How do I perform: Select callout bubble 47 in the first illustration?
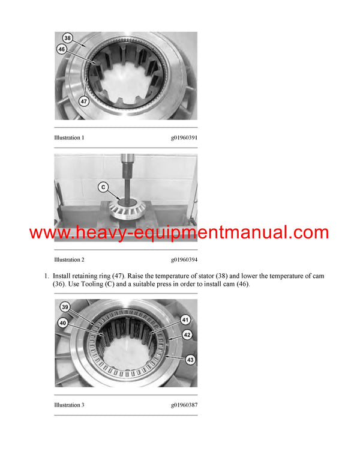click(84, 102)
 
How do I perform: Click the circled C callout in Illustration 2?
click(104, 187)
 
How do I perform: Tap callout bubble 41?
click(185, 319)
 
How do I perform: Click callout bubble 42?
click(187, 335)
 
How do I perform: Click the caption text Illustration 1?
click(69, 138)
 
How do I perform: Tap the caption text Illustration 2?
click(69, 259)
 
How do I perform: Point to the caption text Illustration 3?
click(69, 405)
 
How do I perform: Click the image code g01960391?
click(184, 138)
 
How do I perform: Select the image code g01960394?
click(184, 259)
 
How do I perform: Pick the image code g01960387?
click(184, 405)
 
